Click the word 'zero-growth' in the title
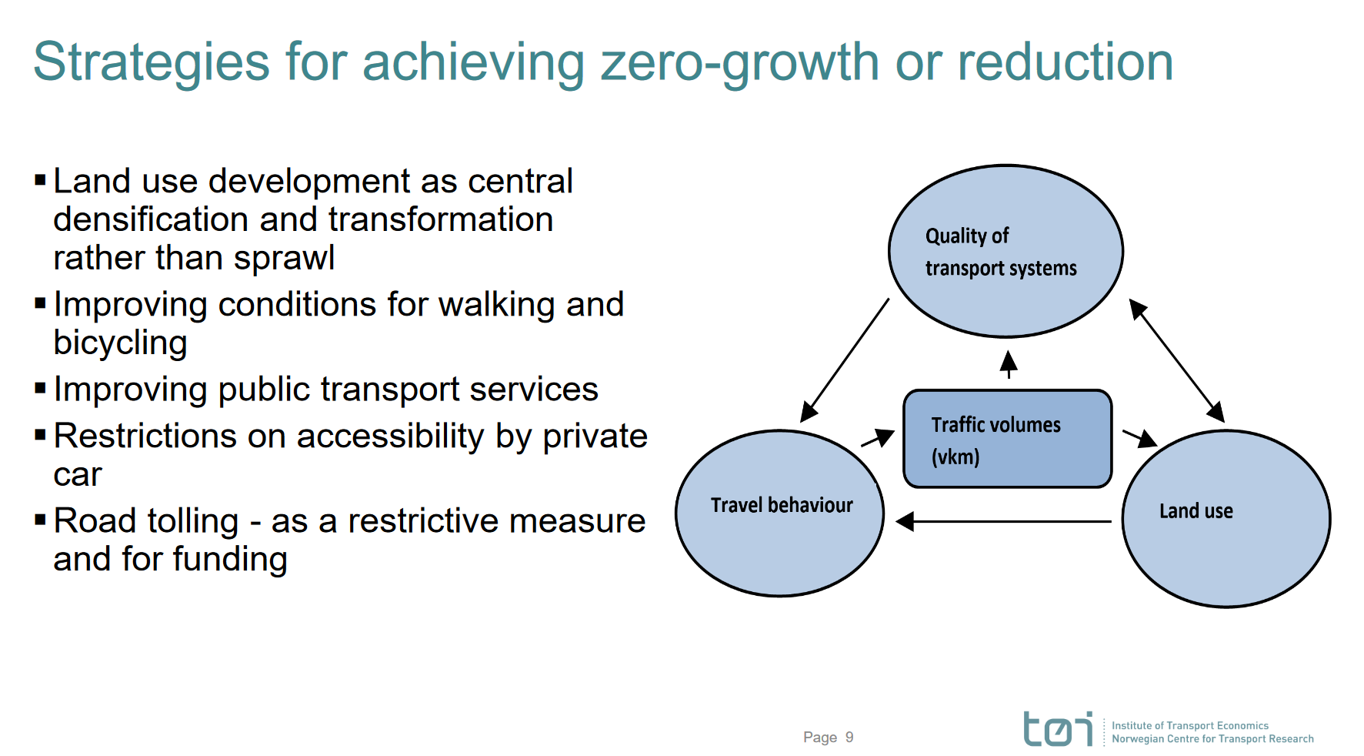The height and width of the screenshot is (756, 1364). point(739,63)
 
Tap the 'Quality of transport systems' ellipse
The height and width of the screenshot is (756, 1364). point(1005,251)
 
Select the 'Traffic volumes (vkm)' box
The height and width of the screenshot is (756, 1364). point(1008,439)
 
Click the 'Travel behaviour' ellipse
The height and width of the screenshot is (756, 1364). point(780,513)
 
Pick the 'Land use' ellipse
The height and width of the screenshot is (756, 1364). point(1226,518)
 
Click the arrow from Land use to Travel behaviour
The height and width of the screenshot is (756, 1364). point(1004,522)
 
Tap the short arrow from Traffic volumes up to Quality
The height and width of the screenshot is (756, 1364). point(1009,364)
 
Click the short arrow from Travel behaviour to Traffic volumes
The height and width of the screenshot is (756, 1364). point(878,438)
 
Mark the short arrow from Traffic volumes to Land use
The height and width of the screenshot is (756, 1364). point(1140,438)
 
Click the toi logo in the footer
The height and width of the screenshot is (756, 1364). point(1058,729)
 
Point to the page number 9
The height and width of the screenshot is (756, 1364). point(849,738)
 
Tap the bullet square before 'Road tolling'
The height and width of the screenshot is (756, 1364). point(41,520)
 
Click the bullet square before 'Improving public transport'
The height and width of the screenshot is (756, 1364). point(41,388)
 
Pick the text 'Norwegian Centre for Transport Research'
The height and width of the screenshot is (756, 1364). point(1212,739)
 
